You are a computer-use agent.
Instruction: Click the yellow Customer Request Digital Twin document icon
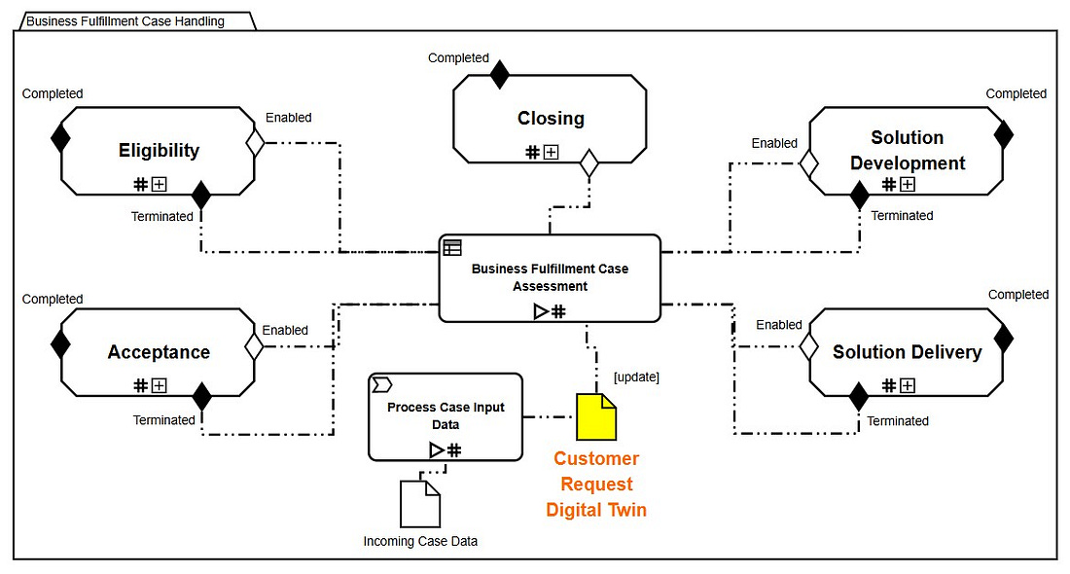(596, 415)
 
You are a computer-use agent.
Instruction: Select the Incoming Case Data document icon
(420, 504)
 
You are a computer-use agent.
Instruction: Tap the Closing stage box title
(551, 119)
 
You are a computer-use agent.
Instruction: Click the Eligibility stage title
(159, 150)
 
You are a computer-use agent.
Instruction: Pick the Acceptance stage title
(159, 352)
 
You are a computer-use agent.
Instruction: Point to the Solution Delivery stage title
(907, 352)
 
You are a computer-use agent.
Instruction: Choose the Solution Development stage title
(907, 151)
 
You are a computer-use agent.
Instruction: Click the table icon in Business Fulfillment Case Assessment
(452, 247)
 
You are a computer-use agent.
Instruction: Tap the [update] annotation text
(636, 377)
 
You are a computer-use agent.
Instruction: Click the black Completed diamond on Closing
(499, 75)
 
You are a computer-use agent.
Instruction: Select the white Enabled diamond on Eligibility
(255, 143)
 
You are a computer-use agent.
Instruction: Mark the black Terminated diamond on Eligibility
(201, 195)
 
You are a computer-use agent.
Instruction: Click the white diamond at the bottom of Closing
(588, 163)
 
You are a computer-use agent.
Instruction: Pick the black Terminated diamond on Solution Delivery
(858, 397)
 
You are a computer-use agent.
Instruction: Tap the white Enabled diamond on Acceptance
(255, 344)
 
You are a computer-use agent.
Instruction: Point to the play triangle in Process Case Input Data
(437, 449)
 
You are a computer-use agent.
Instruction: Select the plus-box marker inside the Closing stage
(551, 152)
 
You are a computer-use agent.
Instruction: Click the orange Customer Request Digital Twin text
(596, 484)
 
